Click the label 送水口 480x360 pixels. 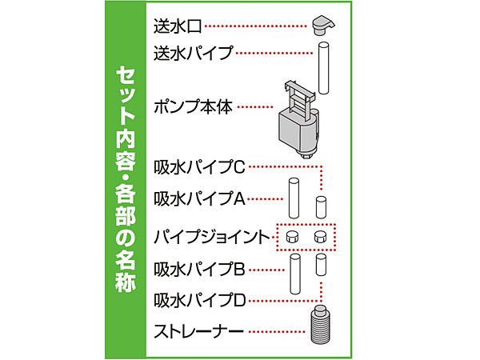(x=178, y=26)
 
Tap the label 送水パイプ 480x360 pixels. (x=194, y=54)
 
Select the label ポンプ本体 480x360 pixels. (x=193, y=107)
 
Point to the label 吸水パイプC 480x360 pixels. (x=199, y=167)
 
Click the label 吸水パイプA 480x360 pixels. (x=199, y=199)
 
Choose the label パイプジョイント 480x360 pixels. (x=211, y=237)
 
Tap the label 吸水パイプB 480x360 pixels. (x=199, y=270)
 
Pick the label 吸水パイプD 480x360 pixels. (x=199, y=300)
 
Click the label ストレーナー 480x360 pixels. (x=198, y=331)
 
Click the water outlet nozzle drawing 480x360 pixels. (x=323, y=25)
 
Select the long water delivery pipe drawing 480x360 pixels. (x=323, y=68)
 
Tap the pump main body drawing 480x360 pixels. (x=298, y=119)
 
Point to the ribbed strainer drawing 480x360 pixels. (x=321, y=325)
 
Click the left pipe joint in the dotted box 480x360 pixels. (x=292, y=237)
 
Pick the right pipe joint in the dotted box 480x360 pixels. (x=321, y=237)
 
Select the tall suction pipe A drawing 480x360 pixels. (x=294, y=198)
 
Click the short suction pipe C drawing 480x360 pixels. (x=321, y=207)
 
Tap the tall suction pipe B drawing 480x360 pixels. (x=294, y=274)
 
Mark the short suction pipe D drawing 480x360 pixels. (x=321, y=265)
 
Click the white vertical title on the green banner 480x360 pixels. (x=126, y=179)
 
